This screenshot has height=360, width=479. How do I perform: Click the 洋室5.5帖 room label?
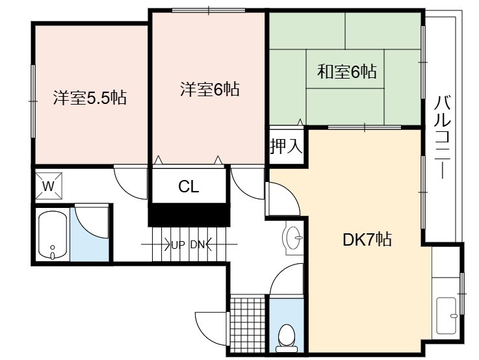(x=90, y=98)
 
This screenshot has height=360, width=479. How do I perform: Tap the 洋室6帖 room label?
(x=209, y=89)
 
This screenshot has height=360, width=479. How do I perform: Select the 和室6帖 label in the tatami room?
(x=346, y=71)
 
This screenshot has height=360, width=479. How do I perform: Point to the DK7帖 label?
(x=367, y=239)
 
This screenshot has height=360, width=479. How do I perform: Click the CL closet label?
(x=188, y=186)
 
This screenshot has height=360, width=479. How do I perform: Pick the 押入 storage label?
(x=286, y=146)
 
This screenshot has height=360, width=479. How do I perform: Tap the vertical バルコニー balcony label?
(x=443, y=136)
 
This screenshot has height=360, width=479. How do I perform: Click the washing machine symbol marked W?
(x=49, y=186)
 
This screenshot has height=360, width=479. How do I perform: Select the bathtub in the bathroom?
(x=53, y=235)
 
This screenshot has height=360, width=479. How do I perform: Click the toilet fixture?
(x=287, y=339)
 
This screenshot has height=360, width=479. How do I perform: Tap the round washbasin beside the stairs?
(x=293, y=238)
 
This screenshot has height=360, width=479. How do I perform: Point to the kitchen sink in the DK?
(x=447, y=315)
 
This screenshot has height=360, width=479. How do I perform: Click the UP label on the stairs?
(x=178, y=245)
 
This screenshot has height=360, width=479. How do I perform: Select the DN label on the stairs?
(x=197, y=245)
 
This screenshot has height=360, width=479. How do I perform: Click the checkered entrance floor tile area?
(x=248, y=325)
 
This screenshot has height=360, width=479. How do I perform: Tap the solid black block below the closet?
(x=189, y=214)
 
